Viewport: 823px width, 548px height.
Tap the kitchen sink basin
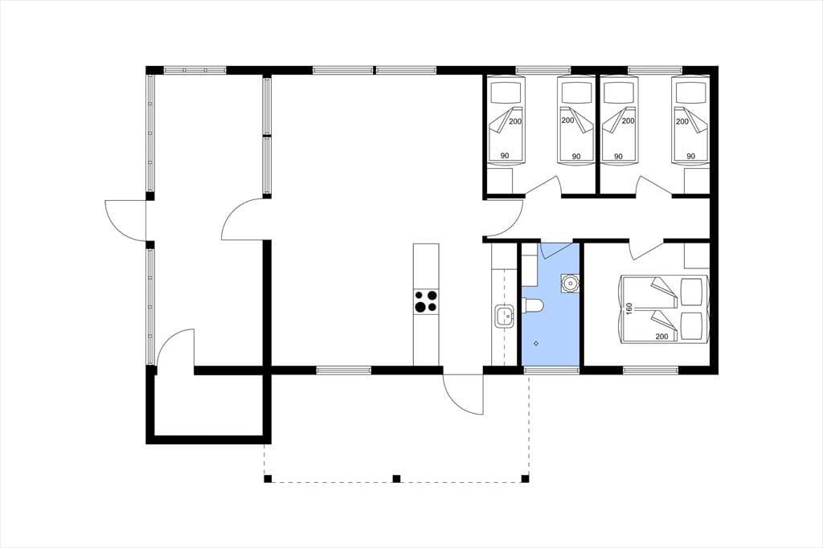click(505, 317)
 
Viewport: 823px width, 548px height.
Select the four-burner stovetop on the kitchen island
click(425, 301)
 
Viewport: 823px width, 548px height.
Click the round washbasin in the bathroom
click(570, 283)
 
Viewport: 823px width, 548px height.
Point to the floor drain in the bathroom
click(535, 343)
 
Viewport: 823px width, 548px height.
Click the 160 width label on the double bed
click(629, 308)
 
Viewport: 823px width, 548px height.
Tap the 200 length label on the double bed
click(662, 337)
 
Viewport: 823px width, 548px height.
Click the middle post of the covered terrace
click(396, 478)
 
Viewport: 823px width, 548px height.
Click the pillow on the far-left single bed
click(507, 93)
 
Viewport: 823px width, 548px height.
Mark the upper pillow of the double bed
click(691, 291)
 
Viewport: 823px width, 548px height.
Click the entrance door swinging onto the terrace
click(462, 395)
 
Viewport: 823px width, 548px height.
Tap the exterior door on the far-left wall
click(126, 220)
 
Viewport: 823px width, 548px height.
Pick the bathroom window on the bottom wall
click(551, 370)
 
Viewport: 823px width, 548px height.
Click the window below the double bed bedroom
click(651, 370)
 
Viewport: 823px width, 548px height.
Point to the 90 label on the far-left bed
click(505, 156)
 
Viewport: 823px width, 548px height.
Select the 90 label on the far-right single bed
click(690, 156)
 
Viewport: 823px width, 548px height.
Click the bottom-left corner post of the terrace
click(268, 478)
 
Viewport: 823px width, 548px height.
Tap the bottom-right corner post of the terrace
click(524, 478)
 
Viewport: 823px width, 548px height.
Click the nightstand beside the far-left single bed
click(500, 181)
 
